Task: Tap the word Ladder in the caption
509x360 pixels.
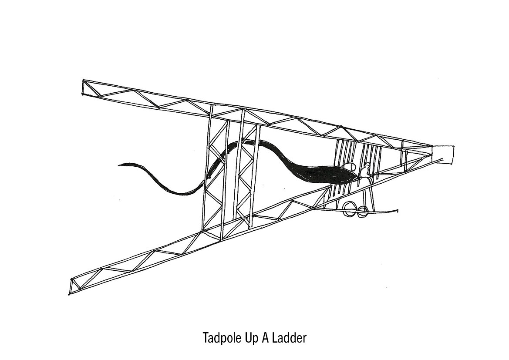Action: click(290, 338)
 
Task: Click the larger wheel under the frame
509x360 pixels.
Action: click(349, 209)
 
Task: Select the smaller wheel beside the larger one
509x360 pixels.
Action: click(361, 212)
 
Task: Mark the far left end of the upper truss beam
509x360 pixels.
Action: click(84, 87)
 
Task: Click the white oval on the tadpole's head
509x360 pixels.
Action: click(348, 166)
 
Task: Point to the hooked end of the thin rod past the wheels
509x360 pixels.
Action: click(396, 211)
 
